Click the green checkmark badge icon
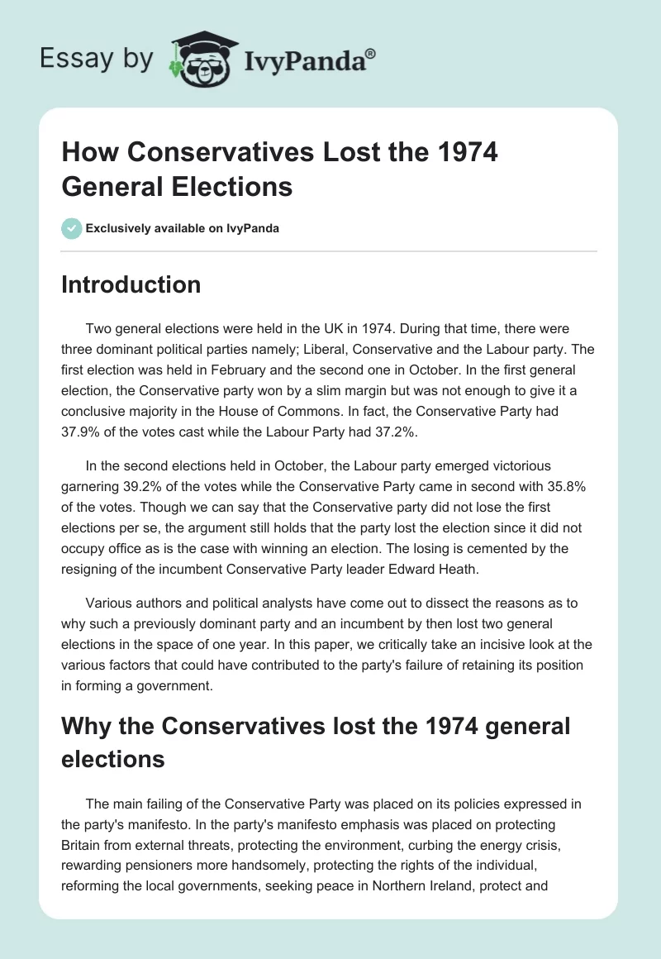(72, 229)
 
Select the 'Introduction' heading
(131, 285)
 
